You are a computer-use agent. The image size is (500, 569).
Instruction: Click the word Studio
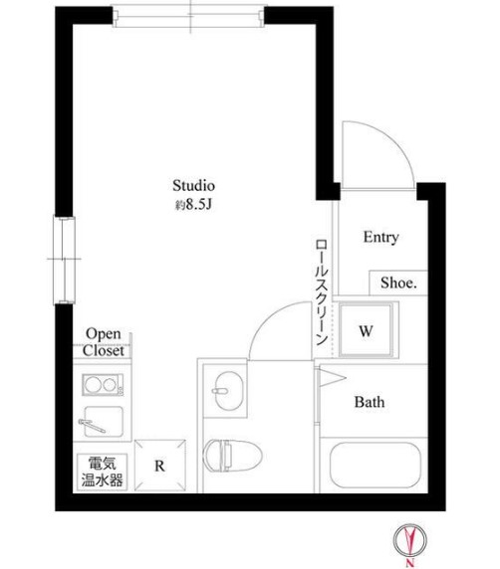tap(193, 185)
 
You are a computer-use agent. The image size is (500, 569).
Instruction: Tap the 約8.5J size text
tap(193, 205)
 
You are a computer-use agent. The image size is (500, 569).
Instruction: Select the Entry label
tap(381, 238)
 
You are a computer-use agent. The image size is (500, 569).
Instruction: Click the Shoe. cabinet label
tap(398, 283)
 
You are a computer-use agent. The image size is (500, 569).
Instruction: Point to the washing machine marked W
tap(366, 330)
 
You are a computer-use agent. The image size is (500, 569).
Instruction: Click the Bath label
tap(370, 402)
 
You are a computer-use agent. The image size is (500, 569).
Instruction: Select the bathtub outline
tap(375, 465)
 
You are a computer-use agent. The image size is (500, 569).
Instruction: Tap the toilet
tap(232, 455)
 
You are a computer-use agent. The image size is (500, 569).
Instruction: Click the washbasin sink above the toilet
tap(228, 391)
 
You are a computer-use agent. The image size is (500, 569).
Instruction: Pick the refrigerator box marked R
tap(160, 466)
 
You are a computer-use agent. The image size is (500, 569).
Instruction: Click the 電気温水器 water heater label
tap(103, 472)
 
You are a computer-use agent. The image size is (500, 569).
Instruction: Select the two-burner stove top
tap(103, 385)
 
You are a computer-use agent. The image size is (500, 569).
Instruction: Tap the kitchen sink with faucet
tap(103, 422)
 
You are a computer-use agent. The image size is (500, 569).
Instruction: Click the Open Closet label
tap(104, 342)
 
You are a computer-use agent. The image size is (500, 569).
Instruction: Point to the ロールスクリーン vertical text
tap(322, 292)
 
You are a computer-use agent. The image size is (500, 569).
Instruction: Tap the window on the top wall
tap(189, 16)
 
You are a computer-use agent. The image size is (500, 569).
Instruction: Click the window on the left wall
tap(65, 260)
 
